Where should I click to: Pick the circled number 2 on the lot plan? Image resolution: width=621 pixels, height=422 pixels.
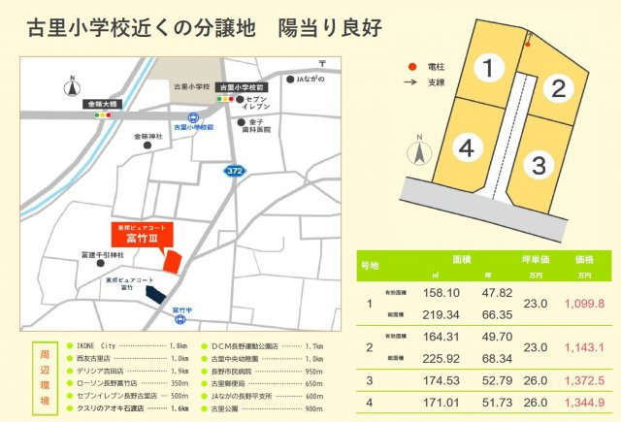point(557,89)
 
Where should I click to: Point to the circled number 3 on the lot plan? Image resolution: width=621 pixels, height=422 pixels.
point(539,164)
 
